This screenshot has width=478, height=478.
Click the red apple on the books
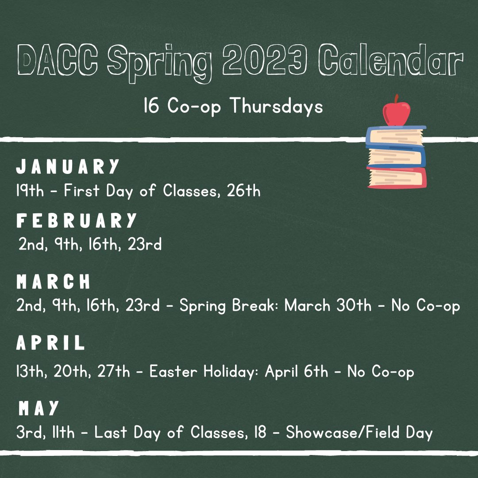point(396,111)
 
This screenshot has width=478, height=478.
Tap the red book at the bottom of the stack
point(397,177)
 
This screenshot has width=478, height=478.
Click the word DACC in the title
point(58,60)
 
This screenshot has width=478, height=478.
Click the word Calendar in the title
point(391,59)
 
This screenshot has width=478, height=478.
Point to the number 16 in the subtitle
point(151,105)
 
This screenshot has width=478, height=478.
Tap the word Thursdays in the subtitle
point(276,106)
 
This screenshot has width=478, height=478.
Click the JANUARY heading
point(67,166)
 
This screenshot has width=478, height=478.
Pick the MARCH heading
point(54,281)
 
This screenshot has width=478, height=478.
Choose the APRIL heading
point(50,342)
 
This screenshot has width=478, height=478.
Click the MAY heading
point(39,408)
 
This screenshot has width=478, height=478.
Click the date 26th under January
point(243,190)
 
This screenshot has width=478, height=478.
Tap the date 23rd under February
point(144,244)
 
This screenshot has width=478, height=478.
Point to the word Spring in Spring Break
point(203,306)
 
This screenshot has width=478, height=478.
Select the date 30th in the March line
point(354,305)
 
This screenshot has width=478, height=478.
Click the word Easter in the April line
point(173,371)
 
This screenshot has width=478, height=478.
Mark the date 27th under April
point(113,371)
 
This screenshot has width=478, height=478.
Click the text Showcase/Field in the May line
point(343,432)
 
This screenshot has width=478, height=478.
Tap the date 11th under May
point(63,432)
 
